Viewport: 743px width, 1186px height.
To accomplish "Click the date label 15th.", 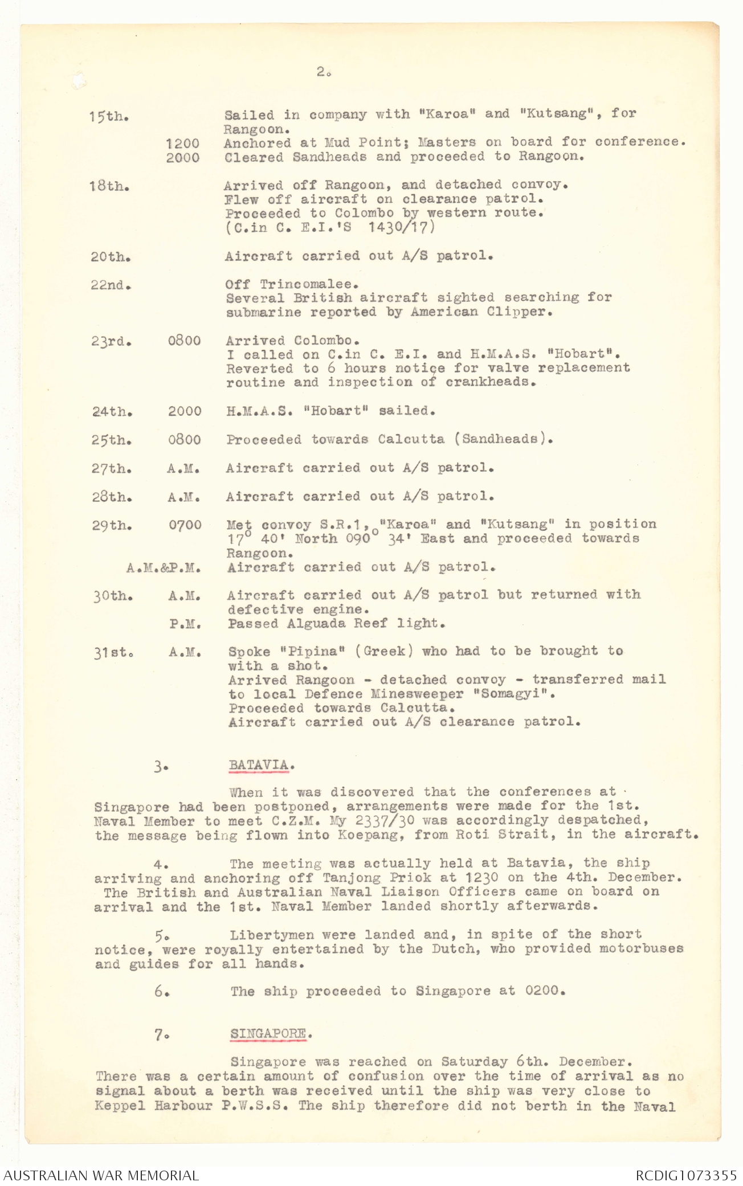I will pos(108,116).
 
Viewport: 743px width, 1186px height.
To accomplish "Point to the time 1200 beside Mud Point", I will pos(182,143).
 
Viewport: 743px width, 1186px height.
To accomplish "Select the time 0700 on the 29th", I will pos(185,525).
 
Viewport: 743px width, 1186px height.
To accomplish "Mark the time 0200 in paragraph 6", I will pos(544,991).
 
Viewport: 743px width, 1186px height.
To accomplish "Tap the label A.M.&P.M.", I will pos(163,567).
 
